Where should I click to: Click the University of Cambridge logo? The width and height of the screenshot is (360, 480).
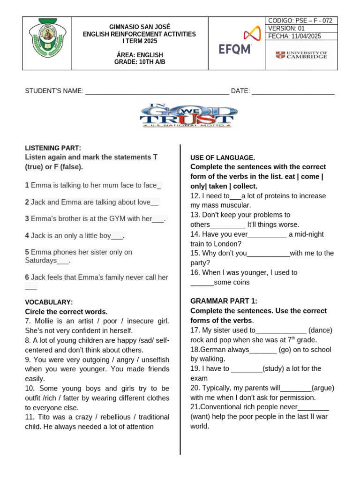[x=301, y=55]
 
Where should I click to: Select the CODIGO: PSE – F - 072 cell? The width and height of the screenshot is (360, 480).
[x=301, y=21]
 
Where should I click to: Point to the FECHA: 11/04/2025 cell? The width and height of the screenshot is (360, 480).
[x=301, y=36]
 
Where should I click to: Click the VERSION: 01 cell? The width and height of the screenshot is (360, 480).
[x=301, y=28]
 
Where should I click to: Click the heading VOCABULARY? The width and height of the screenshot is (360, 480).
[x=49, y=302]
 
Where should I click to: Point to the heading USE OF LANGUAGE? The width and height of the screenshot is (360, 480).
[x=223, y=157]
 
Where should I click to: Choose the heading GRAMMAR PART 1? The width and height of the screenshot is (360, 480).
[x=224, y=301]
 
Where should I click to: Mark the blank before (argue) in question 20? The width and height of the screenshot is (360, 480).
[x=296, y=388]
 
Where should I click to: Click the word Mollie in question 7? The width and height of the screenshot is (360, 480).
[x=43, y=321]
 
